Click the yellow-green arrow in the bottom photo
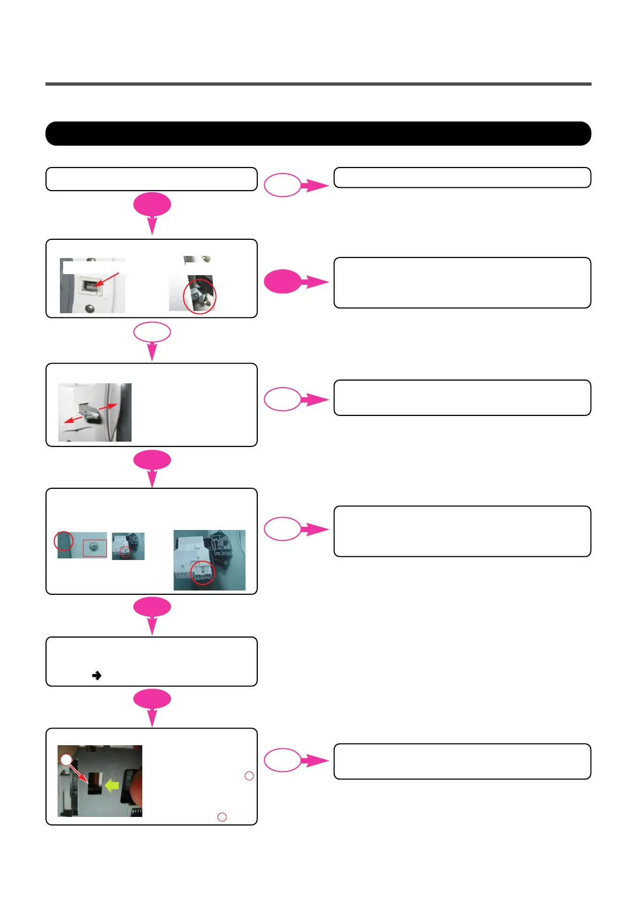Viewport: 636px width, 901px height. tap(112, 785)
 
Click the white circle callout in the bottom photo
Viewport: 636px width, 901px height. tap(66, 759)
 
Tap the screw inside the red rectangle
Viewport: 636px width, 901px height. tap(94, 547)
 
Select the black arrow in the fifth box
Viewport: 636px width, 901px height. tap(97, 676)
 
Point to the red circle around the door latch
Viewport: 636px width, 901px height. tap(200, 296)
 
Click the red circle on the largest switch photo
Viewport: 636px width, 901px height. tap(203, 572)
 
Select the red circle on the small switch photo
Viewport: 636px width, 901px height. tap(125, 552)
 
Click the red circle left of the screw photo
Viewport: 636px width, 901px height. tap(64, 541)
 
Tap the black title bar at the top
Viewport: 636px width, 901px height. tap(318, 134)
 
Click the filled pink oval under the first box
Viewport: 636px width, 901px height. tap(152, 205)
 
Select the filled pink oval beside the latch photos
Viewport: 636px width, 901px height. tap(283, 282)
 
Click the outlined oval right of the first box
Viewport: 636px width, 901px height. tap(282, 185)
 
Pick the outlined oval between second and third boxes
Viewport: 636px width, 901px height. tap(152, 332)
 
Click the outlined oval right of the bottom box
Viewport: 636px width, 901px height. tap(282, 760)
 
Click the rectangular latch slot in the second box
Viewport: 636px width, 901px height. tap(87, 286)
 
